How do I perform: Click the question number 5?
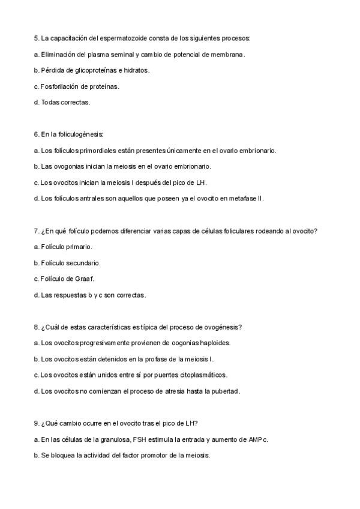click(37, 38)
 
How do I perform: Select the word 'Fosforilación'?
click(61, 86)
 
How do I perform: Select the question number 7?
click(37, 230)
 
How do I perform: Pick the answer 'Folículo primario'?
click(62, 247)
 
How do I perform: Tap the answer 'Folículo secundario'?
click(67, 263)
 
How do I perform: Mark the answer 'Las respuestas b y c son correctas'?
click(90, 295)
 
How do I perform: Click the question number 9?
click(37, 423)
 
